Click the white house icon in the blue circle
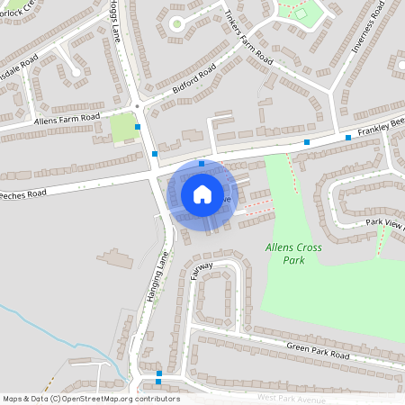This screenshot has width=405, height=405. click(202, 193)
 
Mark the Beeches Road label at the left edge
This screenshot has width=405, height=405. click(22, 193)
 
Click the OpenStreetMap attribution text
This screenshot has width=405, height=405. click(91, 399)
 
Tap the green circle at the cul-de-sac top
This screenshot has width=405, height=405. click(177, 23)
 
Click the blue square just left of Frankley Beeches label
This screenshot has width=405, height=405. click(348, 137)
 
